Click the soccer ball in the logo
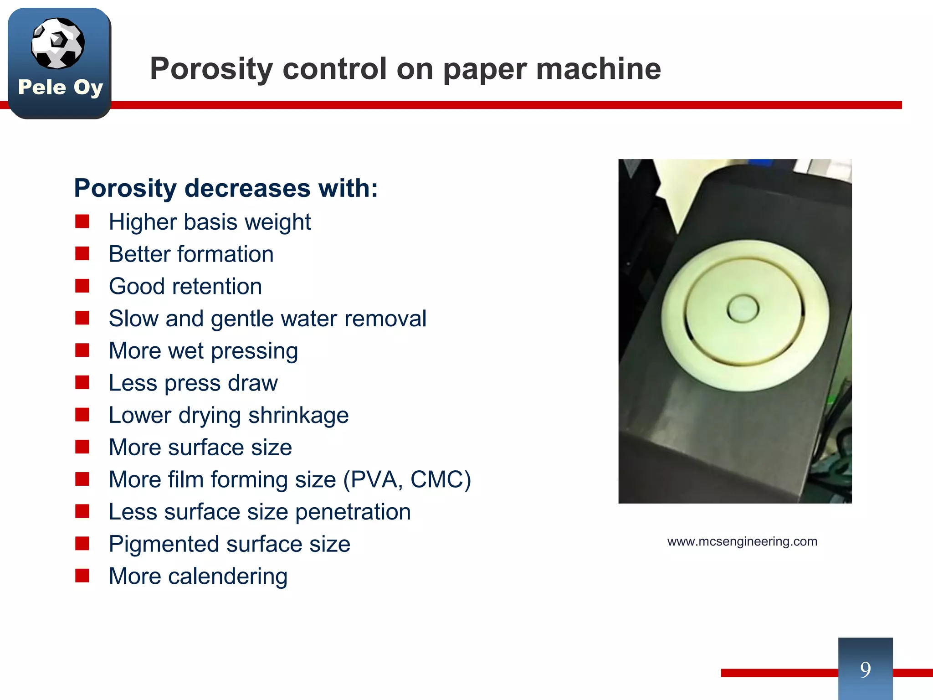click(x=58, y=43)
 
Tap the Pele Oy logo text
click(x=60, y=87)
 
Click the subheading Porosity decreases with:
click(x=226, y=188)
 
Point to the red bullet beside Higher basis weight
click(x=82, y=221)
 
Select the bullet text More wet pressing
click(x=203, y=351)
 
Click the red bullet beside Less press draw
click(x=82, y=382)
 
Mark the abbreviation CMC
click(x=440, y=480)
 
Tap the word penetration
click(x=353, y=512)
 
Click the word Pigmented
click(x=164, y=544)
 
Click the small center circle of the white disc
click(x=743, y=309)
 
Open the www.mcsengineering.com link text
click(x=742, y=541)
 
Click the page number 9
click(x=865, y=669)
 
